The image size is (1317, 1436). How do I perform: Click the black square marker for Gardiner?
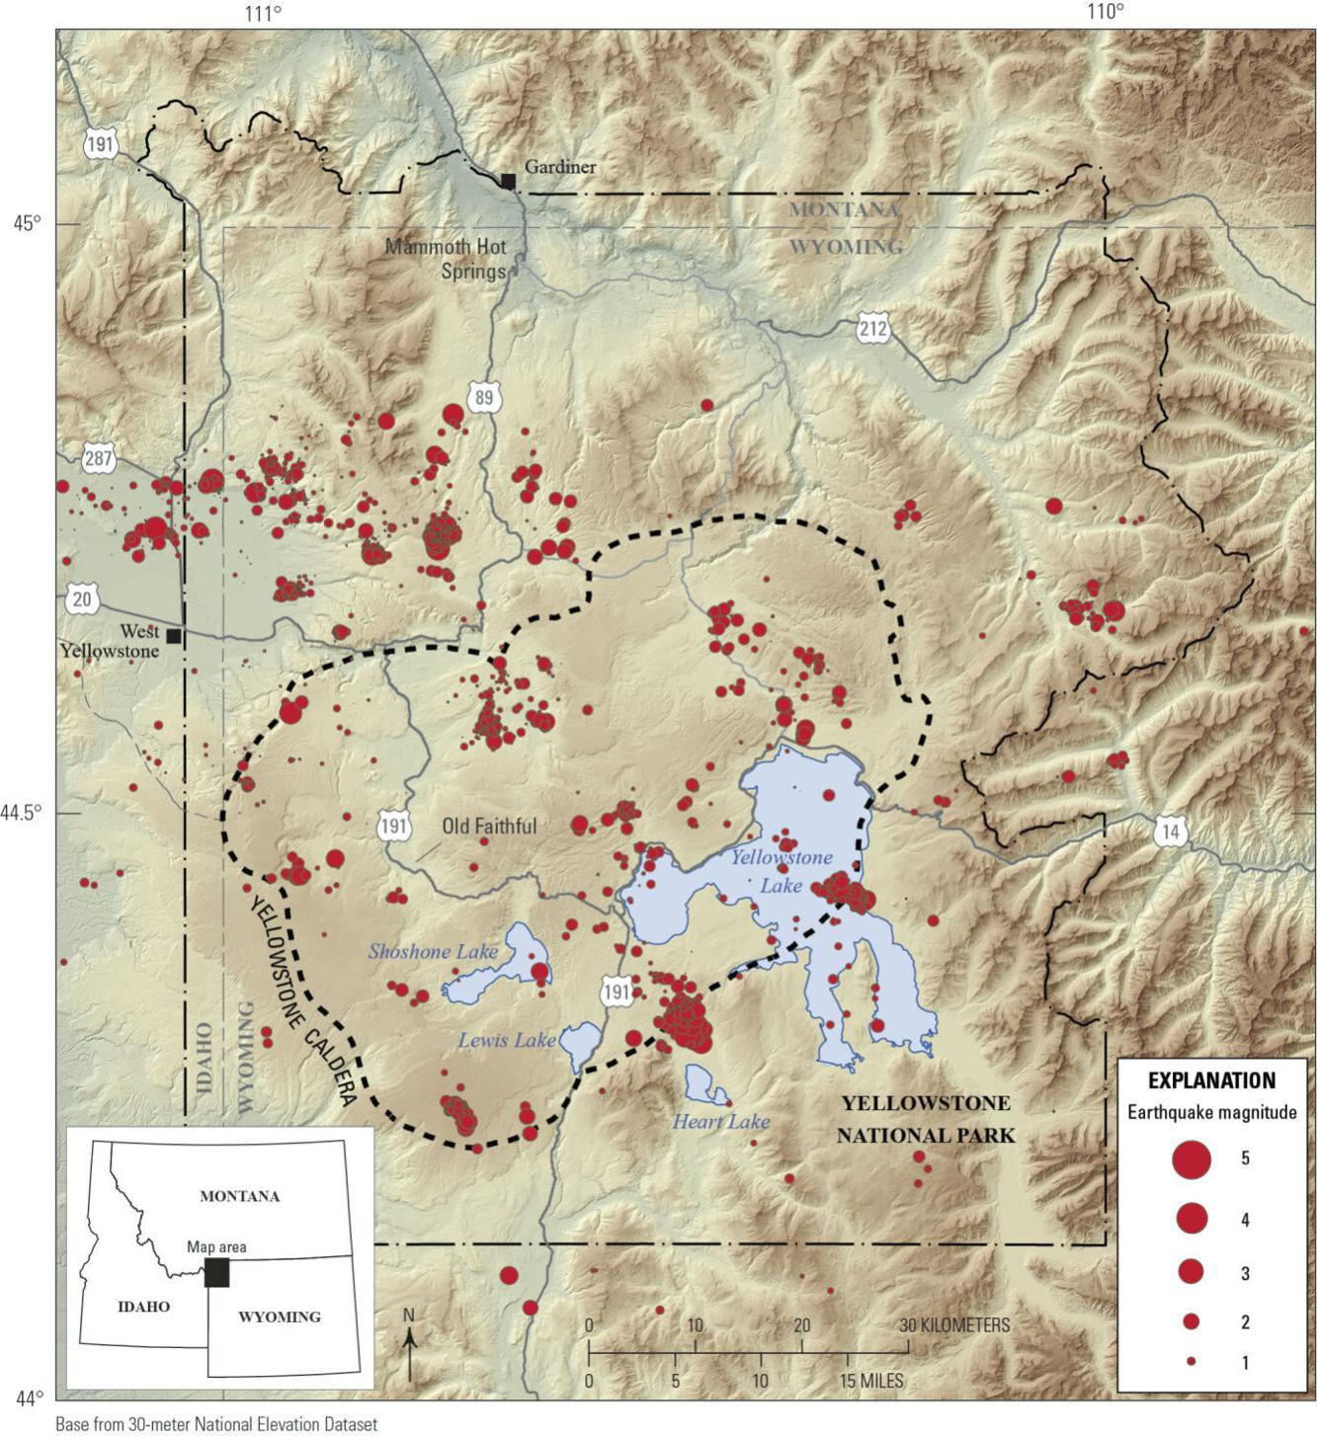(x=508, y=181)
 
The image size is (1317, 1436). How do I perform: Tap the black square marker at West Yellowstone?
(x=174, y=636)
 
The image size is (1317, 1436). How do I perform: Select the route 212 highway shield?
(x=873, y=328)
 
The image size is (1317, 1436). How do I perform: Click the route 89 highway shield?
(x=483, y=398)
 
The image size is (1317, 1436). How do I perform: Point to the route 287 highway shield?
(x=99, y=459)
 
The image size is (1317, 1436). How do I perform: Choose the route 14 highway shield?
(x=1170, y=833)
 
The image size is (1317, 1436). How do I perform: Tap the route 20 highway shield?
(x=83, y=598)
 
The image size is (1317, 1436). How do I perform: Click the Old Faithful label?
(x=489, y=827)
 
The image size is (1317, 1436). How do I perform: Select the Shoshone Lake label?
(x=433, y=952)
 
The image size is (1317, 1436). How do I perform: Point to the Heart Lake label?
(x=721, y=1121)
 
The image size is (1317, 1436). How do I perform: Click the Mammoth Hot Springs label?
(x=447, y=259)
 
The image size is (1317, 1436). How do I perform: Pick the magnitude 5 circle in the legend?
(x=1192, y=1158)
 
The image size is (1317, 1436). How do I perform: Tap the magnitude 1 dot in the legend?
(x=1192, y=1362)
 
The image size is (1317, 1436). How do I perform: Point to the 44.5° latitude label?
(x=22, y=813)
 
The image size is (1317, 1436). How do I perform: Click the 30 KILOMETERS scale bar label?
(x=954, y=1325)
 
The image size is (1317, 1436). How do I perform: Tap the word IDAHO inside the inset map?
(x=144, y=1307)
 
